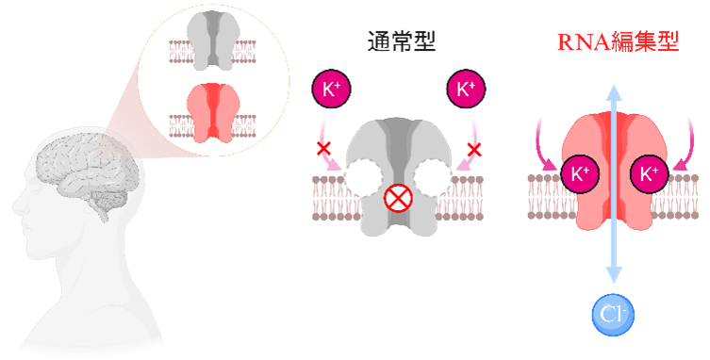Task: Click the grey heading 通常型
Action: point(402,41)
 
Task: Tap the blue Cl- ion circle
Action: point(613,313)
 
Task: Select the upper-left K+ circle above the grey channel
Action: point(331,90)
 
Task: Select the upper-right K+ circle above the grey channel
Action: point(465,90)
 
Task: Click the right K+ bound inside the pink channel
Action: point(648,174)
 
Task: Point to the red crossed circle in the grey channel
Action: point(397,198)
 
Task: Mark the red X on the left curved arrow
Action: point(323,149)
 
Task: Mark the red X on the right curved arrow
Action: point(475,148)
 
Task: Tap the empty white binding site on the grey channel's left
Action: point(362,176)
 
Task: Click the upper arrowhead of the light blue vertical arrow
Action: point(614,91)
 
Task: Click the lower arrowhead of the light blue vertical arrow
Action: point(614,275)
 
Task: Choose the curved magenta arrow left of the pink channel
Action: point(542,141)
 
